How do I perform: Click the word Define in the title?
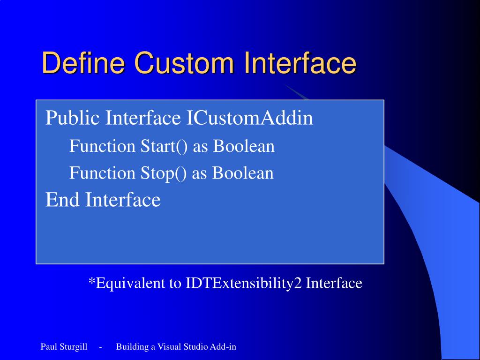[x=83, y=62]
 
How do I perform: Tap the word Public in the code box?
[x=73, y=118]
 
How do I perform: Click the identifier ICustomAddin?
[x=249, y=118]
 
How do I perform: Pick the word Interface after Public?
[x=143, y=118]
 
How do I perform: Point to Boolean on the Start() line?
[x=244, y=146]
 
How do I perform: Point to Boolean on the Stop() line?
[x=243, y=173]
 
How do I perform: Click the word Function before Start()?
[x=102, y=146]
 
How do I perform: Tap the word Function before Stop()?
[x=102, y=173]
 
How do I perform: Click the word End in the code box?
[x=62, y=200]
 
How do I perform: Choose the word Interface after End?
[x=123, y=200]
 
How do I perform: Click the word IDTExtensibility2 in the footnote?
[x=244, y=283]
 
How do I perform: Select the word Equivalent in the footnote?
[x=130, y=283]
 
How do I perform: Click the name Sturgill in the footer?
[x=74, y=347]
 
